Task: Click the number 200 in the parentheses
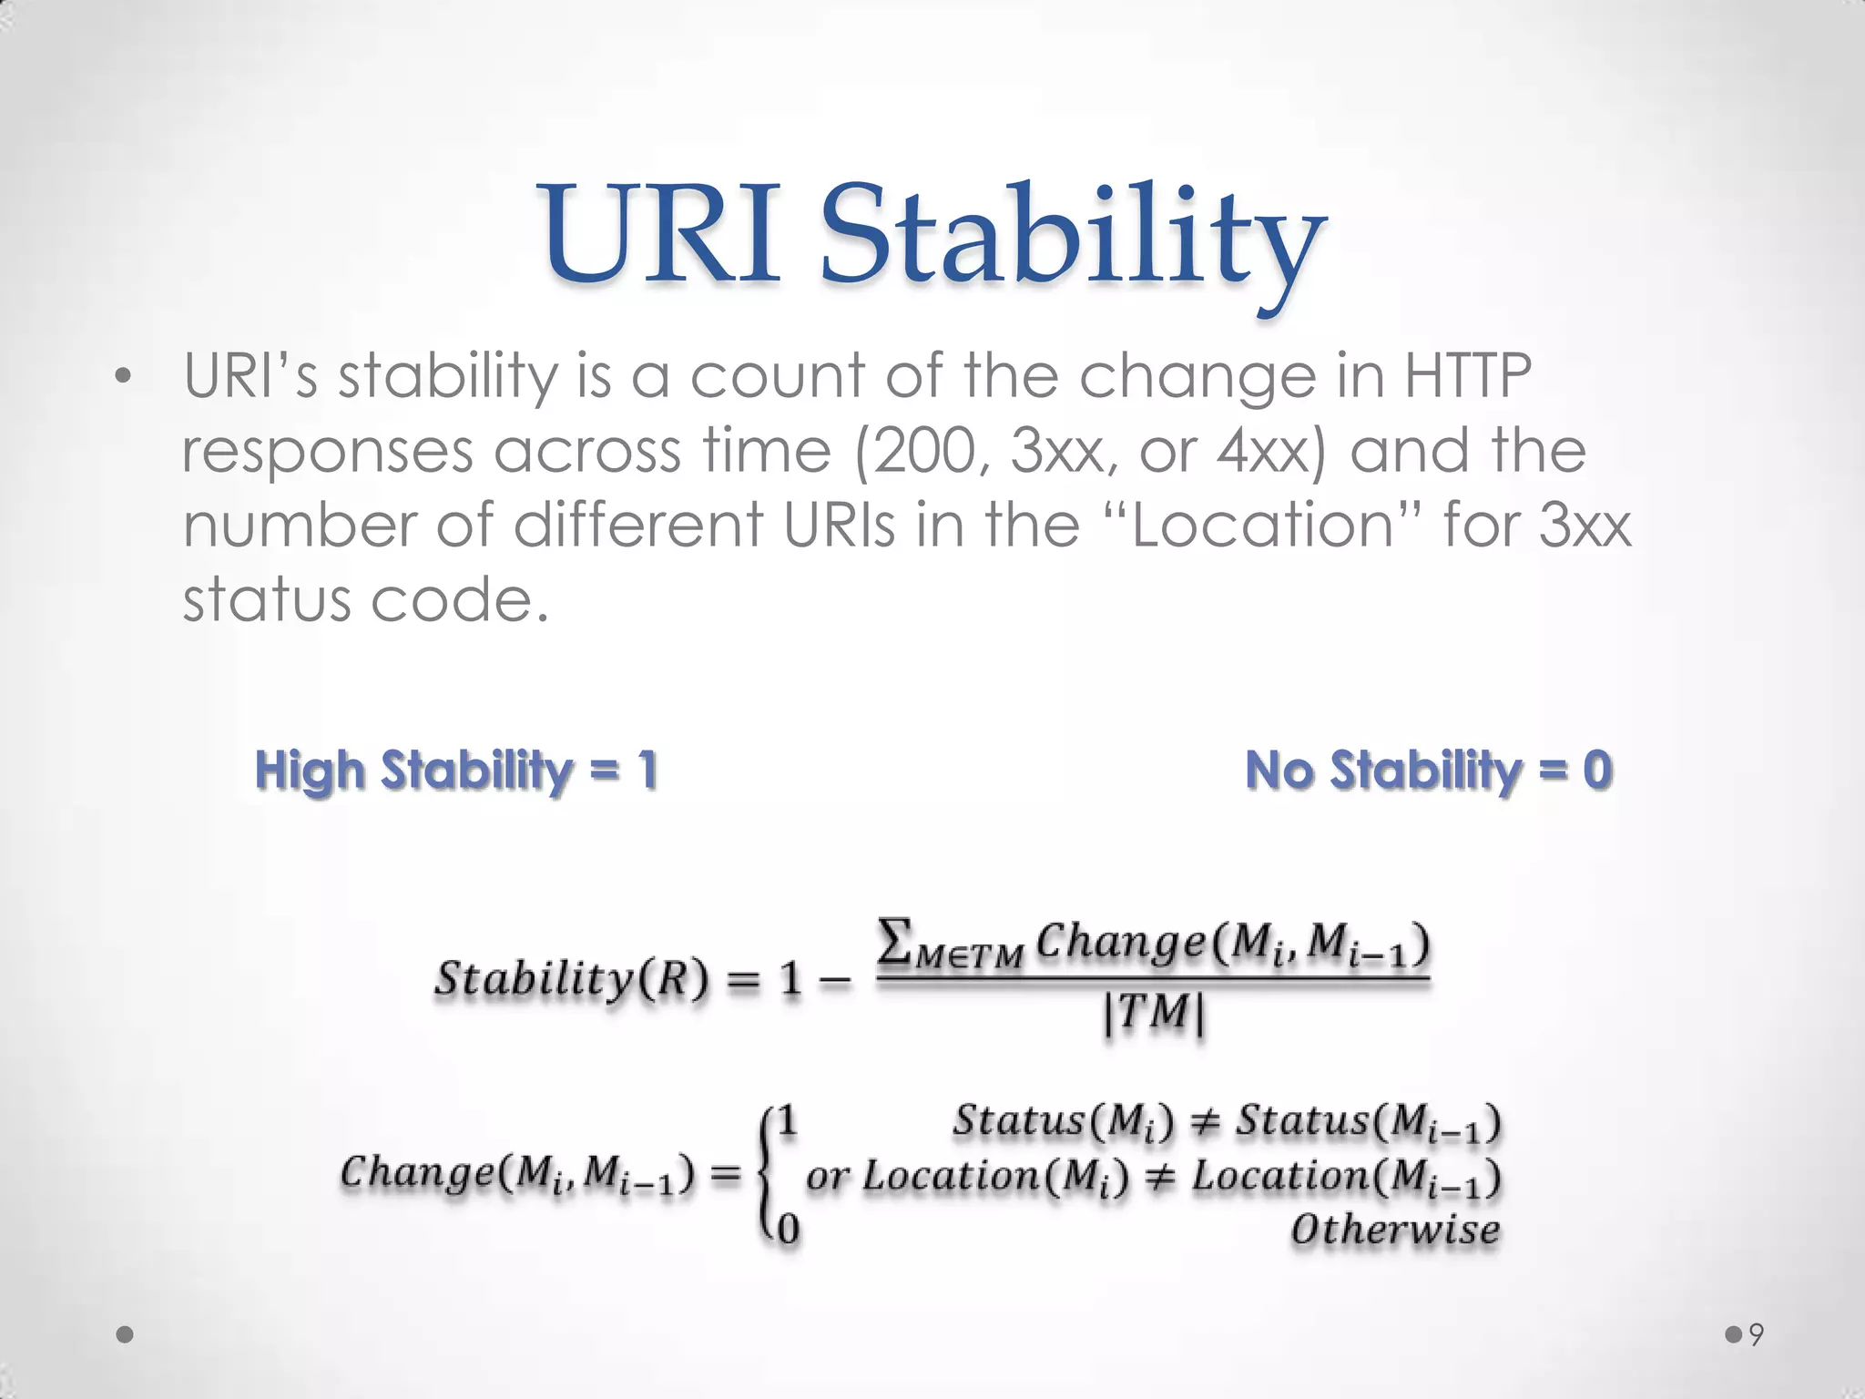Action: click(931, 450)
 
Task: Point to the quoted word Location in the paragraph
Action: click(1264, 526)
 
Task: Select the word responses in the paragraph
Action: click(329, 452)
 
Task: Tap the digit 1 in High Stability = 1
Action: click(647, 770)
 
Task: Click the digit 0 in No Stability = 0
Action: click(1597, 770)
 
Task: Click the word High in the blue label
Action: click(311, 771)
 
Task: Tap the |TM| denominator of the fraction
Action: click(1154, 1013)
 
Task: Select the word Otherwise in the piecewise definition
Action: click(1395, 1230)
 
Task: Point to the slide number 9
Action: click(1757, 1335)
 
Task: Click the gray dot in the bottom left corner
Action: click(125, 1334)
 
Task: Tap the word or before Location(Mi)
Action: click(827, 1176)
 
